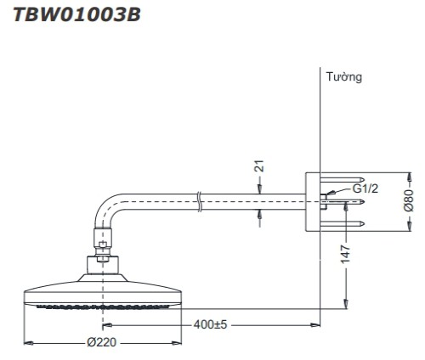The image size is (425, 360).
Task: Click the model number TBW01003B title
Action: (x=77, y=14)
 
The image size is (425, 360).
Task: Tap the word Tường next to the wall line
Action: (x=344, y=76)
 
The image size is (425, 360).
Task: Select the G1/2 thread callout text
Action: (x=365, y=188)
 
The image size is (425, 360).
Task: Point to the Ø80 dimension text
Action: (x=409, y=200)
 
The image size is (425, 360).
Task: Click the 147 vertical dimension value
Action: (x=346, y=254)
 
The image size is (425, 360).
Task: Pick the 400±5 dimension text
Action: (x=210, y=324)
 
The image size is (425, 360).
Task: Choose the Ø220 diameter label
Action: (x=102, y=342)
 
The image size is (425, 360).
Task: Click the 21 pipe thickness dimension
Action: (x=259, y=166)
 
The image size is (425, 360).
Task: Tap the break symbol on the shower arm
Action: (x=199, y=202)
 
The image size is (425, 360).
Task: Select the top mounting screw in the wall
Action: (x=343, y=180)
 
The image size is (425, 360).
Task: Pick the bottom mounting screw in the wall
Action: (x=343, y=224)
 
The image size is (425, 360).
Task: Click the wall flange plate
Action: (x=313, y=201)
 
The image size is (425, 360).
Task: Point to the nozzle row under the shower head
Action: (x=104, y=307)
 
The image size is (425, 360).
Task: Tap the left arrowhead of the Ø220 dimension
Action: (x=28, y=343)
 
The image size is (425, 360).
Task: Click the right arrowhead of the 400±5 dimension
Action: (x=315, y=325)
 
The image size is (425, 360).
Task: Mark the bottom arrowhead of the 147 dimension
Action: (x=346, y=304)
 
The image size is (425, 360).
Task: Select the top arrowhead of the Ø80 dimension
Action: (x=409, y=177)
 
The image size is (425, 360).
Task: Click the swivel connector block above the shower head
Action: (x=102, y=265)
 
